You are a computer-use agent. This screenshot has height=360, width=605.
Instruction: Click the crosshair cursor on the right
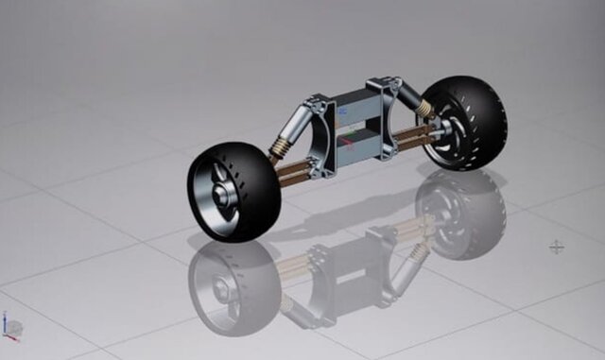557,247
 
